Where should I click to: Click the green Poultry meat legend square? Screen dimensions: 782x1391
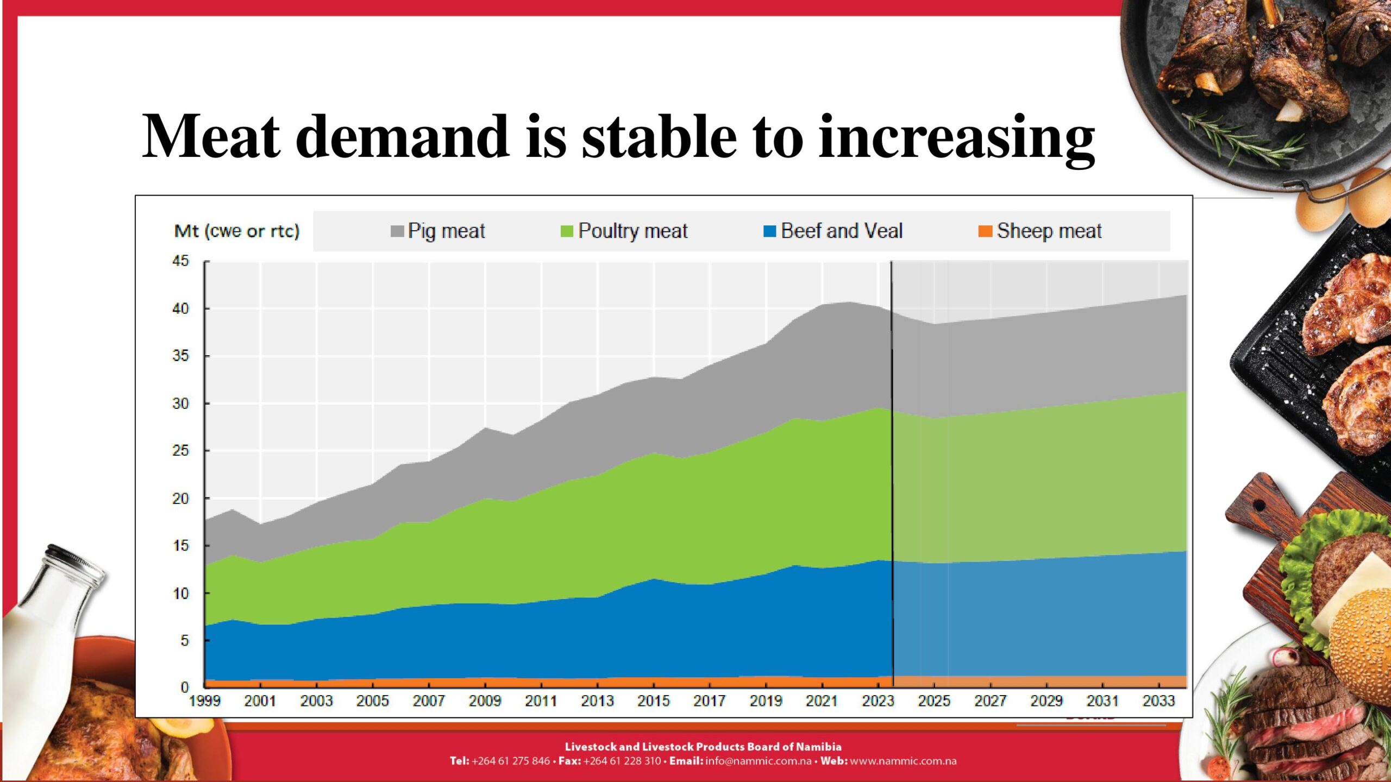pyautogui.click(x=567, y=231)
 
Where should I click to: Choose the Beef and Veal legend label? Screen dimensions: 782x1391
pyautogui.click(x=841, y=231)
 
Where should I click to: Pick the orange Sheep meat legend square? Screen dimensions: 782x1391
pyautogui.click(x=985, y=231)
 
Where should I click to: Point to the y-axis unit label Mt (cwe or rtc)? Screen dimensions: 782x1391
pyautogui.click(x=237, y=231)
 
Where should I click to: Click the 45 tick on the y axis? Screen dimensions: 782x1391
pyautogui.click(x=180, y=261)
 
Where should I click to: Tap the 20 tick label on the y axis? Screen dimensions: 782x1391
pyautogui.click(x=180, y=499)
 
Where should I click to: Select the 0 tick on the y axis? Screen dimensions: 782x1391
pyautogui.click(x=185, y=688)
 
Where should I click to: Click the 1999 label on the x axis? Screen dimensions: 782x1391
pyautogui.click(x=205, y=701)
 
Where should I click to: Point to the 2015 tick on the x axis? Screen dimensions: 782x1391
pyautogui.click(x=654, y=701)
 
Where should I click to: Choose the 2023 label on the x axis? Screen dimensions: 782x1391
pyautogui.click(x=878, y=701)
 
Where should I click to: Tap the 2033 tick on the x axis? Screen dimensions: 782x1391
pyautogui.click(x=1158, y=701)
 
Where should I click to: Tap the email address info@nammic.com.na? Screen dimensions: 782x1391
pyautogui.click(x=759, y=761)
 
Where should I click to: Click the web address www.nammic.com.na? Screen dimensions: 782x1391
pyautogui.click(x=903, y=761)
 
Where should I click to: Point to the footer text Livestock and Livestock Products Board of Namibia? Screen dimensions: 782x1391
pyautogui.click(x=703, y=747)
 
